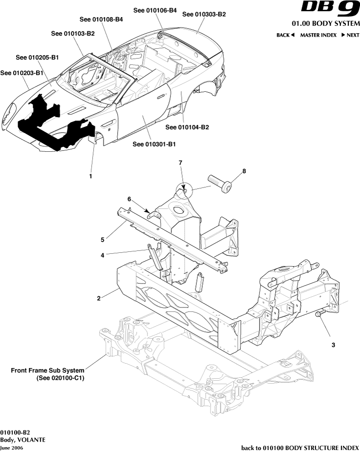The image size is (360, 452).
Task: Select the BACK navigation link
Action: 285,35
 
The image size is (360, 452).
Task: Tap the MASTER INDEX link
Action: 318,35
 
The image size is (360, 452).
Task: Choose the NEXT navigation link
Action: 350,35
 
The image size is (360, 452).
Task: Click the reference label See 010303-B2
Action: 204,15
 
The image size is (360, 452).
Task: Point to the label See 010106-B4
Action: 155,10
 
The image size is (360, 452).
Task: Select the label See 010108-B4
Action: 101,20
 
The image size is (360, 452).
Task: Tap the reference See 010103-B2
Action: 73,34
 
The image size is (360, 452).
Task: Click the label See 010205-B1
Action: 38,58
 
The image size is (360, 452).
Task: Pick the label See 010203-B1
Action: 22,73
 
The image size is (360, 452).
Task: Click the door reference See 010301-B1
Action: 154,144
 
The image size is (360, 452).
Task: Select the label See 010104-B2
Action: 187,127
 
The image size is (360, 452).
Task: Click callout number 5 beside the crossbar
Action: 103,240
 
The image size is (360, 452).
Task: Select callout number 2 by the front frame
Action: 99,298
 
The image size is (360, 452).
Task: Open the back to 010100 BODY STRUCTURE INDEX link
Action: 300,448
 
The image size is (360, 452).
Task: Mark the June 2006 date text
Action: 11,448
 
